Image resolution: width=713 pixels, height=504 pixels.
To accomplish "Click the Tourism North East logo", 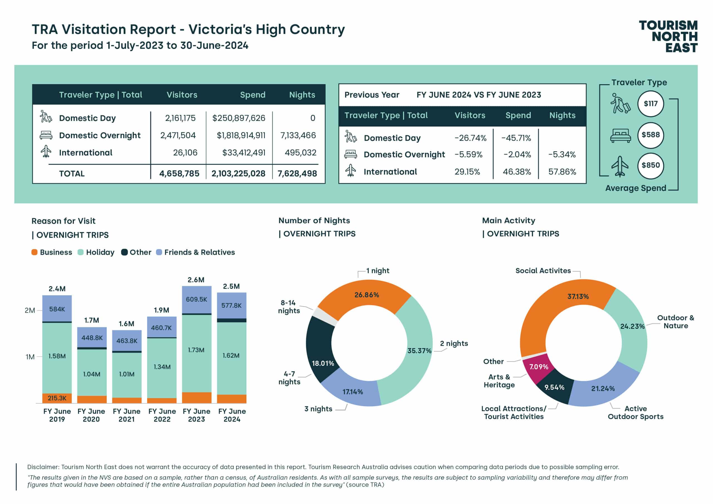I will coord(668,36).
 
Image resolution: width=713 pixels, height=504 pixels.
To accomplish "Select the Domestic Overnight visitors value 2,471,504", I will coord(178,135).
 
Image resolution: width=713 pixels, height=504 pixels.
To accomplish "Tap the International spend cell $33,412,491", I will coord(243,153).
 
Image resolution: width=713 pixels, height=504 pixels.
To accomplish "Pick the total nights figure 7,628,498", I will coord(297,173).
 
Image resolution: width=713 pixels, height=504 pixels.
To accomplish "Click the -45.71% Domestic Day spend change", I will coord(516,138).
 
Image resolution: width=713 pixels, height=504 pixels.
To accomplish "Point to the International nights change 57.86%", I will coord(562,172).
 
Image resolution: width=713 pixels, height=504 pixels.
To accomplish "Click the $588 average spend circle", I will coord(650,135).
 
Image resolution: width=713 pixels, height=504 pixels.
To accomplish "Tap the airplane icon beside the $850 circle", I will coord(620,166).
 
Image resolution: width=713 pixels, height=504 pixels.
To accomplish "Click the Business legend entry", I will coord(52,252).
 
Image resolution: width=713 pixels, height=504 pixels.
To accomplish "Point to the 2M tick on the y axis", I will coord(30,310).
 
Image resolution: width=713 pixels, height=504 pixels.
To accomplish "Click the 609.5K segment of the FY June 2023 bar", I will coord(196,299).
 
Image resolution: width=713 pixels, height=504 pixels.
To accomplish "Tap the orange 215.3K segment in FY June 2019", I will coord(57,398).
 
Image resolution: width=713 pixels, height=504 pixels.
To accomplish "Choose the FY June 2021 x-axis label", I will coord(126,415).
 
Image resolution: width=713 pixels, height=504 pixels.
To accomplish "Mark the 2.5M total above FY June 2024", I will coord(231,286).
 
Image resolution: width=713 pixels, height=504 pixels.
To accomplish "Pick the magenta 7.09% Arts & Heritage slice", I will coord(538,367).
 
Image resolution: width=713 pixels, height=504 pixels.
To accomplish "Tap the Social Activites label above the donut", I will coord(543,270).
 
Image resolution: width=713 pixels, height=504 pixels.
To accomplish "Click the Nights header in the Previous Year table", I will coord(562,115).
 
